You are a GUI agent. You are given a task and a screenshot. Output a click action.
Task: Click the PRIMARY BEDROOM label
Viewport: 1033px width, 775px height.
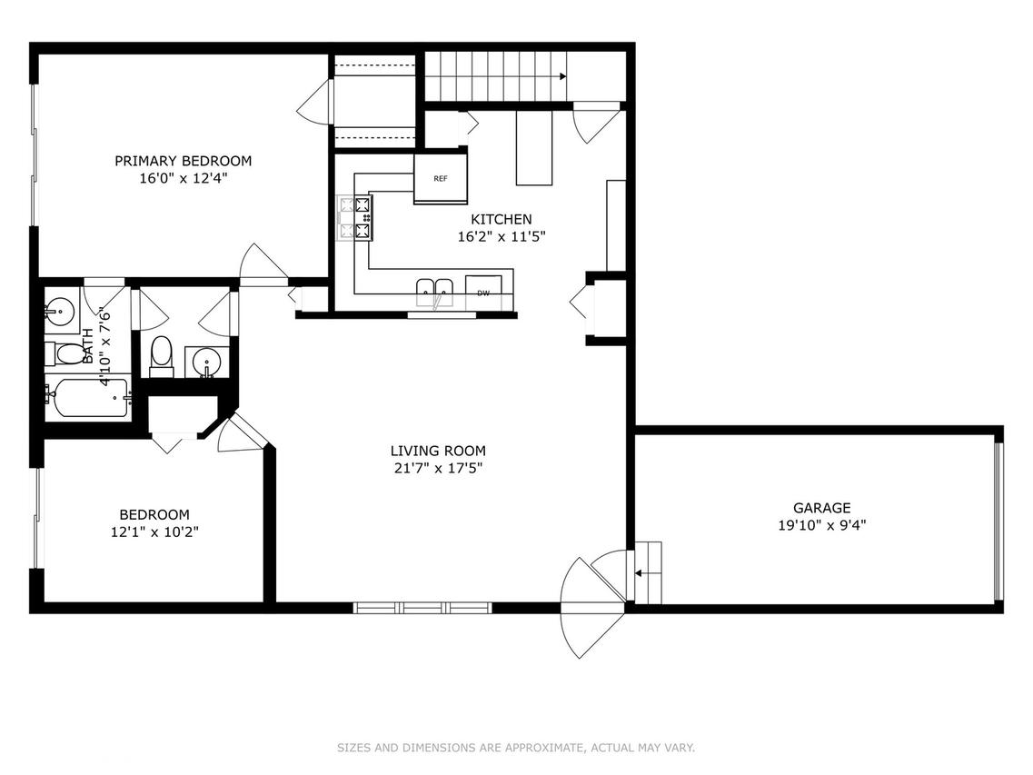[x=184, y=161]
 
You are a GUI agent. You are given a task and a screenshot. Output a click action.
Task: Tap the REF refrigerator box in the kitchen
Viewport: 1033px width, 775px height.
[x=441, y=179]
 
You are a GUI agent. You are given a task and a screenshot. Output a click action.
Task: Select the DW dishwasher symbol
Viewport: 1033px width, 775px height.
[x=483, y=293]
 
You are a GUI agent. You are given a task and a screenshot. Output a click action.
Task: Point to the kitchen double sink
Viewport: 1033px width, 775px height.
[x=435, y=293]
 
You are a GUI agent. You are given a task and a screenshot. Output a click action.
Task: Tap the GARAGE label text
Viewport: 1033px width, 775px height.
[x=821, y=508]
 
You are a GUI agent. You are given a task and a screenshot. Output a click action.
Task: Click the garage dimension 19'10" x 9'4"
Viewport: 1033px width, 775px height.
[x=821, y=525]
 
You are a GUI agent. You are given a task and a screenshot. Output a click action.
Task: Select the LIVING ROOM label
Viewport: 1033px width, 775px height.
[x=438, y=451]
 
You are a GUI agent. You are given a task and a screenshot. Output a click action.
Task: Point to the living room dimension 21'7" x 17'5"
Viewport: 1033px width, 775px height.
[x=438, y=469]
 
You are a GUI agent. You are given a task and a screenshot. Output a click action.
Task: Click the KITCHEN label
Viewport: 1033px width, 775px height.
[x=502, y=219]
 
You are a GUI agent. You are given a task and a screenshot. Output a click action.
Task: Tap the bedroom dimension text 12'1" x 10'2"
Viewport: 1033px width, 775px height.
[x=154, y=532]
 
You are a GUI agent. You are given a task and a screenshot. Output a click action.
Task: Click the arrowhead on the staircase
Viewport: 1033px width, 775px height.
[x=562, y=76]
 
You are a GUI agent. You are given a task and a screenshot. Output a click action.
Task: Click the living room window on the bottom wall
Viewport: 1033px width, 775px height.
[x=422, y=608]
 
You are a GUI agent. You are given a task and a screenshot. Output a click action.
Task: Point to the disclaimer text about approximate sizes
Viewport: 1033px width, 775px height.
[x=516, y=748]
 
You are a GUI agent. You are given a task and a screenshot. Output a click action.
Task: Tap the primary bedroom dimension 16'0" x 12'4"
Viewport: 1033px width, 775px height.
[x=184, y=178]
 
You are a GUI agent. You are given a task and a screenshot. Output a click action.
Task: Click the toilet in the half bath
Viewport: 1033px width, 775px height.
[x=162, y=356]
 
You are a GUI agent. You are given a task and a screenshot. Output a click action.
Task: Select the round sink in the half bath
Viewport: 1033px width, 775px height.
[x=207, y=362]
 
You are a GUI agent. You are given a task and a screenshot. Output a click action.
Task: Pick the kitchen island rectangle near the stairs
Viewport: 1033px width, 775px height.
[x=533, y=147]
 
